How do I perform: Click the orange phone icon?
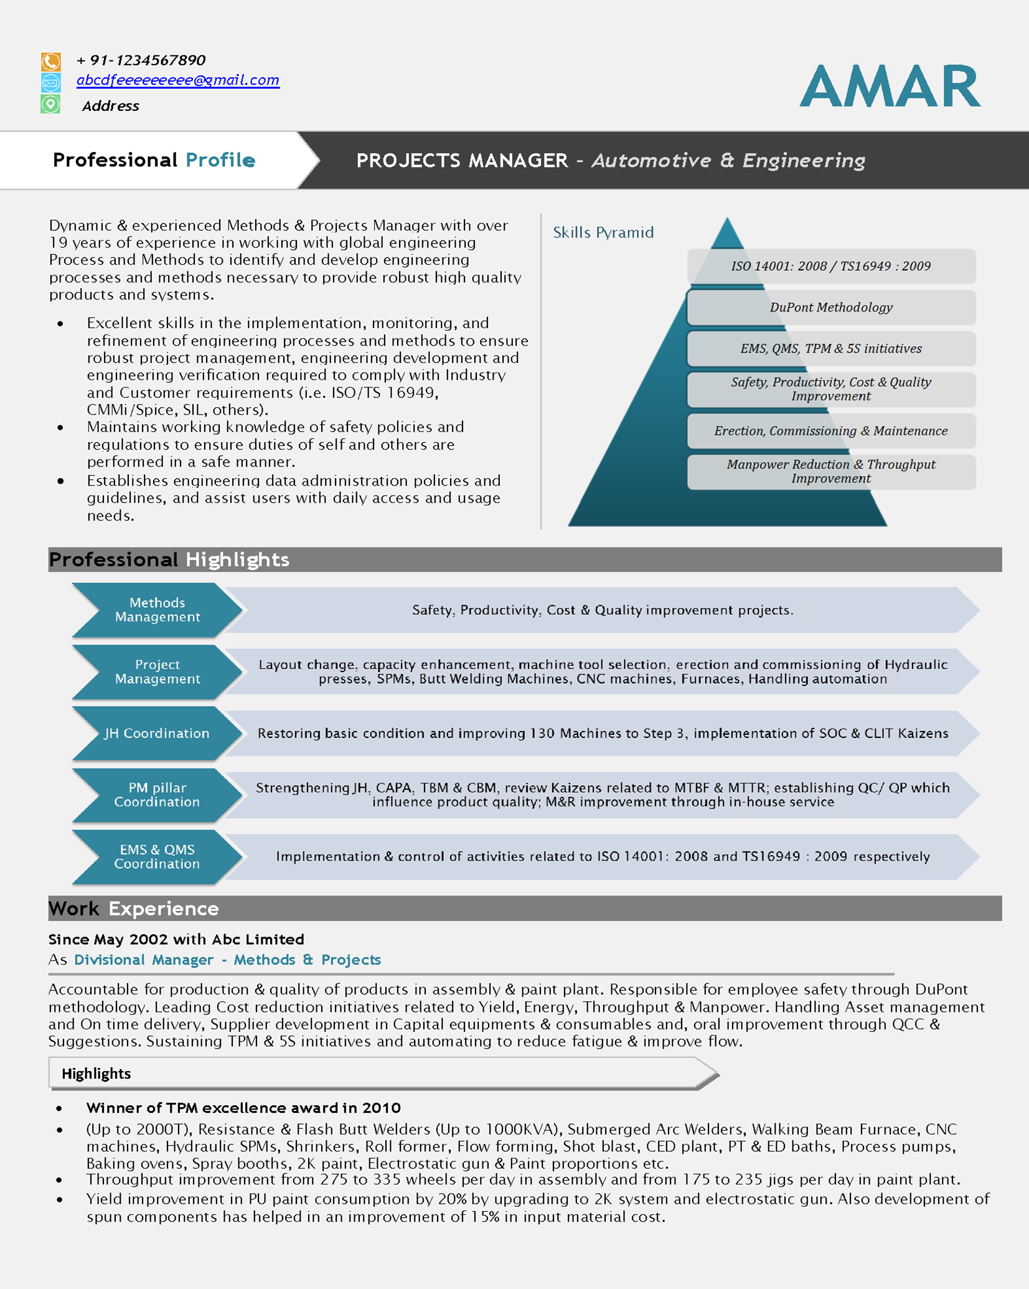[51, 61]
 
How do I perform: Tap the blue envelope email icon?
[51, 82]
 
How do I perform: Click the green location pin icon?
[51, 104]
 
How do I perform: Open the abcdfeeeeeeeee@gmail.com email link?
[178, 80]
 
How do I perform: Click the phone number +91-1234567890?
[141, 60]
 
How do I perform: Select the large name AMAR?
[890, 86]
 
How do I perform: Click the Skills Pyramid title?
[603, 232]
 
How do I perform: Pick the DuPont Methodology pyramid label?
[830, 307]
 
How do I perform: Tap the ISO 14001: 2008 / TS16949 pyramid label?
[830, 266]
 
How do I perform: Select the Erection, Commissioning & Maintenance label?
[830, 431]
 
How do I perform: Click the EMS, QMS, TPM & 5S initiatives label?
[830, 349]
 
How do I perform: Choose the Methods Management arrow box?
[157, 610]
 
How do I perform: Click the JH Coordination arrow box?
[157, 733]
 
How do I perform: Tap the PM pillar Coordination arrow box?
[157, 795]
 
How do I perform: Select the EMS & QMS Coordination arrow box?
[157, 856]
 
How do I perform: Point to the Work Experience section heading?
[134, 909]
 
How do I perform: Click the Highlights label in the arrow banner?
[96, 1074]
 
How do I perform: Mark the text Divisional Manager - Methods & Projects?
[227, 960]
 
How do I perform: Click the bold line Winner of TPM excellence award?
[243, 1108]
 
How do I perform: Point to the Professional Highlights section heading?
[169, 559]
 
